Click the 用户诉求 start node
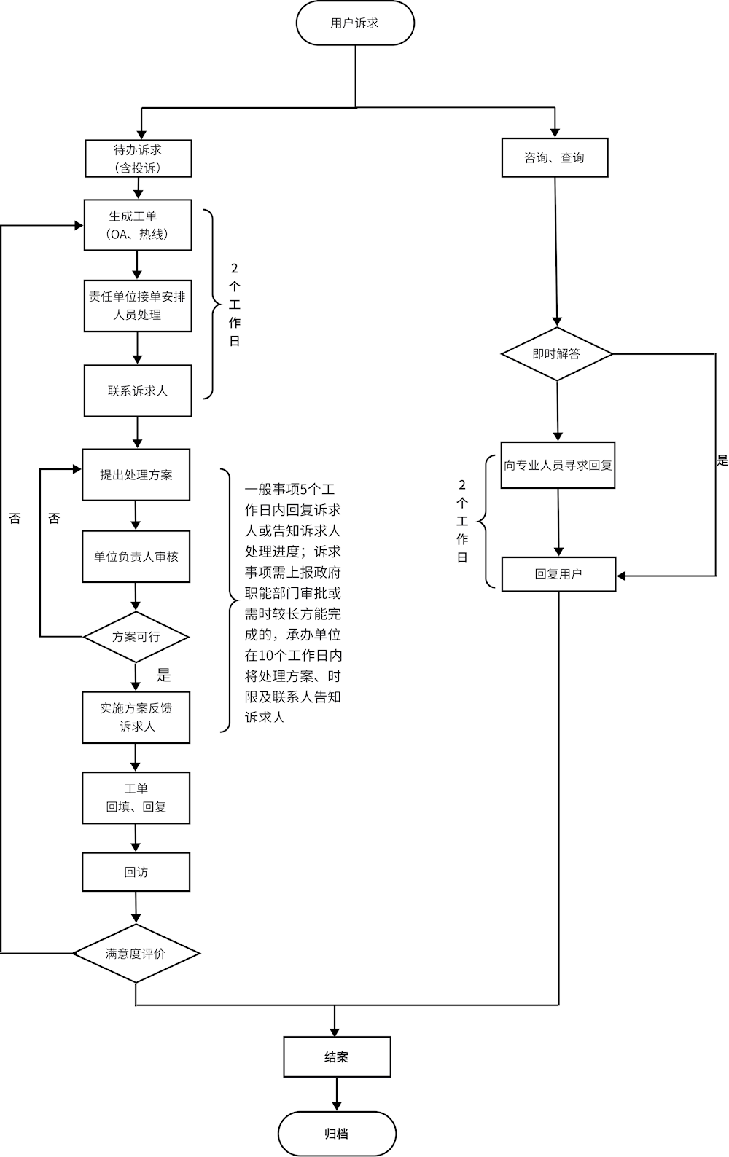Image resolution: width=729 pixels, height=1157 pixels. click(x=355, y=23)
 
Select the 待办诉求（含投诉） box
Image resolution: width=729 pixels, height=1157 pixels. click(x=138, y=159)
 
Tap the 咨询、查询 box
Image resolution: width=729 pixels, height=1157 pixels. click(x=554, y=157)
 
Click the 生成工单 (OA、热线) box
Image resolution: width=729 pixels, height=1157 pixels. click(x=138, y=225)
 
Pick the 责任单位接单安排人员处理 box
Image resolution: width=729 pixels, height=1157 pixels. click(x=138, y=306)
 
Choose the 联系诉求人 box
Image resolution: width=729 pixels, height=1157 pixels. click(x=138, y=391)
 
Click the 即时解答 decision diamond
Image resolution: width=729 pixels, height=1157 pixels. click(x=556, y=354)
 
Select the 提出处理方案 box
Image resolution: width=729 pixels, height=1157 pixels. click(x=136, y=475)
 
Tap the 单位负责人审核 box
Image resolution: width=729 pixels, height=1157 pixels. click(x=136, y=557)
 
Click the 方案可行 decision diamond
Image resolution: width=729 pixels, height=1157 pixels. click(x=136, y=637)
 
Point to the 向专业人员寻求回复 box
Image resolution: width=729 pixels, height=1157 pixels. click(x=558, y=465)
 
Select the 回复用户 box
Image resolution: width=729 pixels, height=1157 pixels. click(x=558, y=573)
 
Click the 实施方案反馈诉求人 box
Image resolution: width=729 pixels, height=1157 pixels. click(x=136, y=717)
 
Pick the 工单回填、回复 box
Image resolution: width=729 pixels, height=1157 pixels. click(x=136, y=798)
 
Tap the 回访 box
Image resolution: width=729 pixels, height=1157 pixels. click(x=136, y=872)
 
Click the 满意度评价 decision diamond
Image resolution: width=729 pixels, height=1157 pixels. click(x=136, y=954)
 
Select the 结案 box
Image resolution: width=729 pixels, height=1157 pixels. click(x=337, y=1056)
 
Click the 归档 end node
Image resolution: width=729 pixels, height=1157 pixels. click(x=337, y=1134)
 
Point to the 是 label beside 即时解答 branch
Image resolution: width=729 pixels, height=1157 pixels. click(x=722, y=460)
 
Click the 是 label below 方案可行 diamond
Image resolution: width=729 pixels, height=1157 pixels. click(x=164, y=675)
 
